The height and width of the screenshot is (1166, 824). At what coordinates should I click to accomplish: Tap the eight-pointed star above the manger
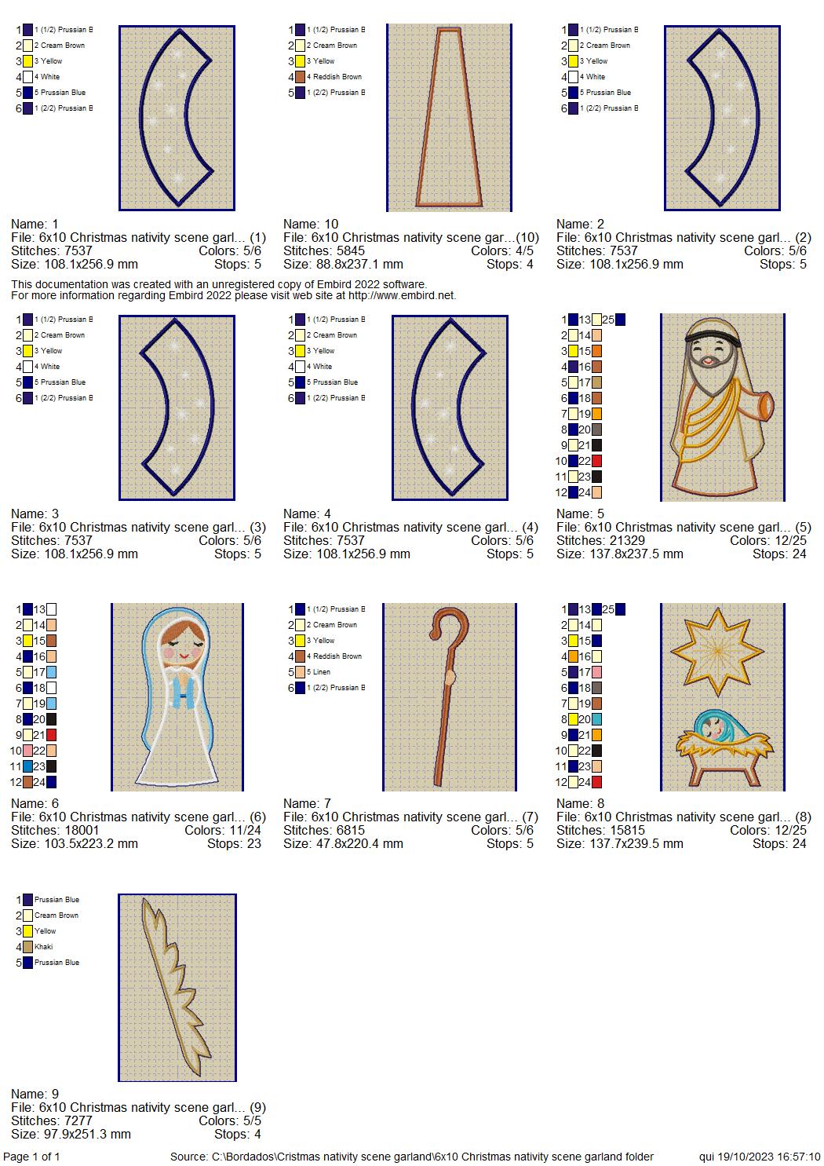tap(717, 651)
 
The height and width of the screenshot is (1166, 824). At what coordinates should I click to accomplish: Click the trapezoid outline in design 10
tap(450, 118)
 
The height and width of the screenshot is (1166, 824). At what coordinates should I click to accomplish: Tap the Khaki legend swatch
tap(27, 947)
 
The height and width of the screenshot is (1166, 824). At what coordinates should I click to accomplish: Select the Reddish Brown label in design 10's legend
tap(337, 76)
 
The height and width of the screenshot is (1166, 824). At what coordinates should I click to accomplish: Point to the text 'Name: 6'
tap(35, 803)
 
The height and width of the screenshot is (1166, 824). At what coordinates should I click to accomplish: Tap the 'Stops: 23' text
tap(234, 843)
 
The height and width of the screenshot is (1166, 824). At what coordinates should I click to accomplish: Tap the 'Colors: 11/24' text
tap(223, 830)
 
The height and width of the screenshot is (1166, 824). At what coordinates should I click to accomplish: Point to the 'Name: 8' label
tap(580, 803)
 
